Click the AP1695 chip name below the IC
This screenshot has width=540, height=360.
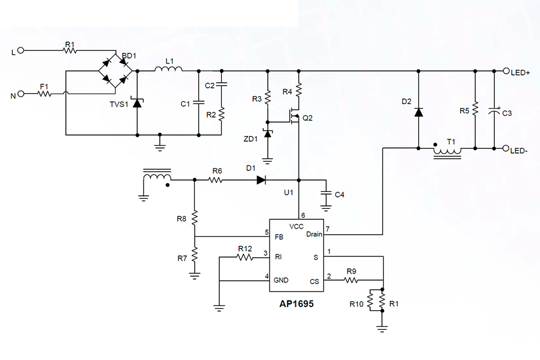point(296,304)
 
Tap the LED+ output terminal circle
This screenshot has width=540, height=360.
point(506,71)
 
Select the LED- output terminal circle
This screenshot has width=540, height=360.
point(506,148)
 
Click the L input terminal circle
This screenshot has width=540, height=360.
point(21,51)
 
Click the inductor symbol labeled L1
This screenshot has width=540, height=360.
point(168,70)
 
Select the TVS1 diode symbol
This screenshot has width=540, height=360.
point(137,103)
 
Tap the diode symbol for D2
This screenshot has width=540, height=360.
point(418,111)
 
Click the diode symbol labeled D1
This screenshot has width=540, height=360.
point(261,180)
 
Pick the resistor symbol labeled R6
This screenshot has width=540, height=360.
point(216,180)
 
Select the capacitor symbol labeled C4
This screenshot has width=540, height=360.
point(325,194)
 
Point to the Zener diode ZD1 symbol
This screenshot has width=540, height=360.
point(268,134)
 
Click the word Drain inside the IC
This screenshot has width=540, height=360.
point(314,235)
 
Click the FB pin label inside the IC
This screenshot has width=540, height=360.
point(279,237)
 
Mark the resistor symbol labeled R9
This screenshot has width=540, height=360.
point(352,280)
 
